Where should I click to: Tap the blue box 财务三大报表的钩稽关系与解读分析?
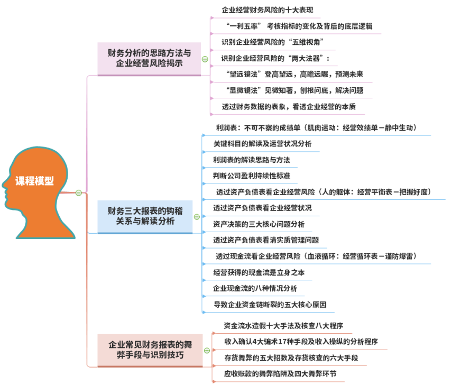coord(145,216)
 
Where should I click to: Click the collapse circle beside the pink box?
coord(205,59)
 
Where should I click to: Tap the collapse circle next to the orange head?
coord(78,193)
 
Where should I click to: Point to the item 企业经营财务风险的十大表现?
coord(271,10)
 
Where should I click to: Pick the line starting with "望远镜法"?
coord(294,74)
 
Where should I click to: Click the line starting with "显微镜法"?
coord(294,90)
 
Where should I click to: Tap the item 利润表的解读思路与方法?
coord(251,160)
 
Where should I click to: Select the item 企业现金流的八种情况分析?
coord(255,288)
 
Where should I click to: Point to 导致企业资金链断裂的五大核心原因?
coord(270,305)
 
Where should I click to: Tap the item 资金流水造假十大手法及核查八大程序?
coord(283,326)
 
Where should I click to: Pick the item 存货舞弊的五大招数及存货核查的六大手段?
coord(291,358)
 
